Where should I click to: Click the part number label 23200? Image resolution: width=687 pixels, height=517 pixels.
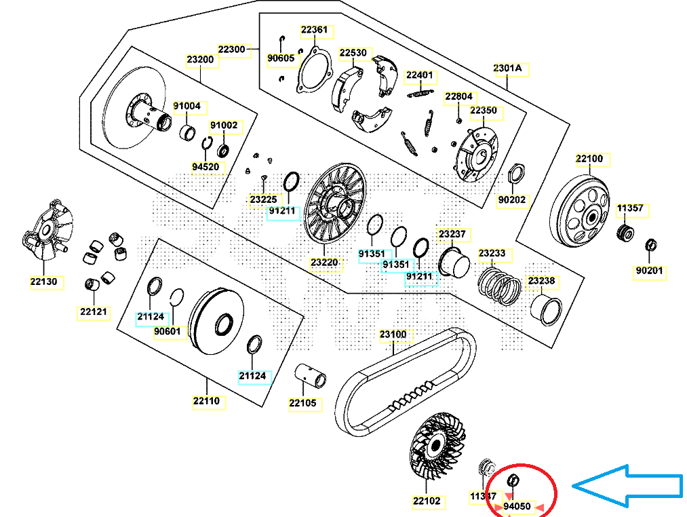tap(200, 60)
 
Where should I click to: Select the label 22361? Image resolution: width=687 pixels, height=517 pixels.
tap(314, 30)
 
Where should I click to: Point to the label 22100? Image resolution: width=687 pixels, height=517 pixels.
tap(589, 159)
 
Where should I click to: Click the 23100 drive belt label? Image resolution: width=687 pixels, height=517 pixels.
tap(393, 334)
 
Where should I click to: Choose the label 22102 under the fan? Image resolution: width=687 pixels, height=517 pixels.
tap(427, 501)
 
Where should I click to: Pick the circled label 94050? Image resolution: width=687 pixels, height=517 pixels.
tap(517, 506)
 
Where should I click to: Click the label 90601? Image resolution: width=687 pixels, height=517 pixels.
tap(168, 331)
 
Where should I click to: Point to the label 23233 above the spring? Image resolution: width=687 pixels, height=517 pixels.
tap(492, 254)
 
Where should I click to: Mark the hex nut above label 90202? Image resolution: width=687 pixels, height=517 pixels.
tap(515, 172)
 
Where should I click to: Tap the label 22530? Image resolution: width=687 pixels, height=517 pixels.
tap(353, 52)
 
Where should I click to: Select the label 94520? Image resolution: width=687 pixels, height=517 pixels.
tap(205, 166)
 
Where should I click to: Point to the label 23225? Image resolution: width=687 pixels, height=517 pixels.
tap(263, 199)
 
